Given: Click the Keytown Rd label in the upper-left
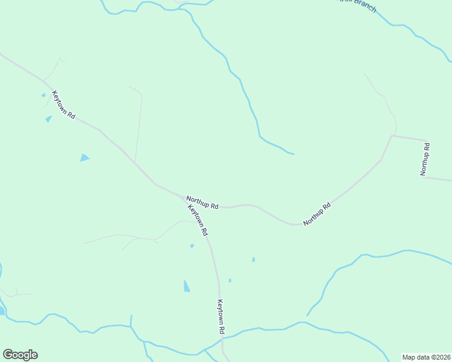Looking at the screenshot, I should pyautogui.click(x=63, y=104).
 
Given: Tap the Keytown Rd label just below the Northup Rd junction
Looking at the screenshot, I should pyautogui.click(x=198, y=220).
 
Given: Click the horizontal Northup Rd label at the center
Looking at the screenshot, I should pyautogui.click(x=202, y=202).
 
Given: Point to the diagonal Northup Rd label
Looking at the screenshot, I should pyautogui.click(x=317, y=214).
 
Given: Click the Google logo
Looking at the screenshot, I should pyautogui.click(x=20, y=355).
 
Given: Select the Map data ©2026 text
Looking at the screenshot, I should pyautogui.click(x=426, y=357).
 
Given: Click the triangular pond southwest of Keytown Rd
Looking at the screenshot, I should pyautogui.click(x=84, y=158).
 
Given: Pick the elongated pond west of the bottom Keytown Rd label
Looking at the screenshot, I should pyautogui.click(x=187, y=286).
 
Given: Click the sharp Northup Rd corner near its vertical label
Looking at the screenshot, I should pyautogui.click(x=392, y=136).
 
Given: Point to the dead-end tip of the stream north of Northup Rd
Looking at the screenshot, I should pyautogui.click(x=294, y=154).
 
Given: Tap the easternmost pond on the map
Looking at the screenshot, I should pyautogui.click(x=253, y=259).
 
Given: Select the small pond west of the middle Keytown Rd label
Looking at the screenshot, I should pyautogui.click(x=192, y=246).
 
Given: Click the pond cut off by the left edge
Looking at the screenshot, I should pyautogui.click(x=2, y=310).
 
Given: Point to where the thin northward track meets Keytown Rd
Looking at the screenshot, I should pyautogui.click(x=135, y=162).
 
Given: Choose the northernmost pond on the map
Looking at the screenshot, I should pyautogui.click(x=43, y=95).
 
